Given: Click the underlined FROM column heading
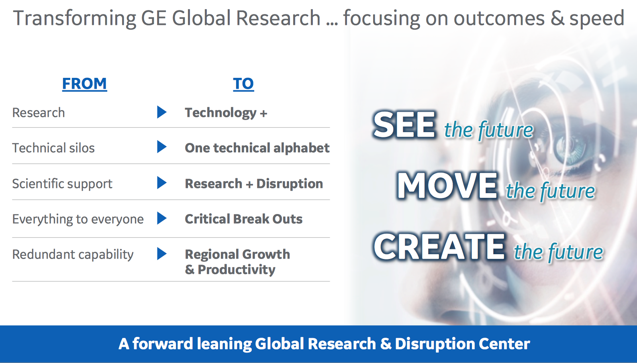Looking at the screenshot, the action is tap(84, 84).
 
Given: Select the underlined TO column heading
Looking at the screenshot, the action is tap(243, 84).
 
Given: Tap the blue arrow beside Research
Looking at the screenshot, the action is tap(161, 112).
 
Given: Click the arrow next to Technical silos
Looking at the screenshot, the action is tap(161, 147).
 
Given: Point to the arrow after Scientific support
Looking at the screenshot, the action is tap(161, 183).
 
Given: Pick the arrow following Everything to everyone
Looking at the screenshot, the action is tap(161, 218).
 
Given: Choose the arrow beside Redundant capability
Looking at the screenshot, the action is tap(161, 253).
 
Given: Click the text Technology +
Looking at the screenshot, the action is tap(226, 113).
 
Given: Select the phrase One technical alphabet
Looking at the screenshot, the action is tap(257, 148).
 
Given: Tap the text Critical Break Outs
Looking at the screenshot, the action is tap(244, 219).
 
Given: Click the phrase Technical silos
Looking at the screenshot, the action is tap(53, 148).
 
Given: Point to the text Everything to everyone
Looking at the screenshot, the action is tap(78, 220).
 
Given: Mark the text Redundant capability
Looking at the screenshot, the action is tap(73, 255).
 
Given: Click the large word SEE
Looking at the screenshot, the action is tap(404, 125).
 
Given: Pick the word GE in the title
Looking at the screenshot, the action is tap(153, 18).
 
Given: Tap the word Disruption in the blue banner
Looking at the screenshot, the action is tap(435, 344).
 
